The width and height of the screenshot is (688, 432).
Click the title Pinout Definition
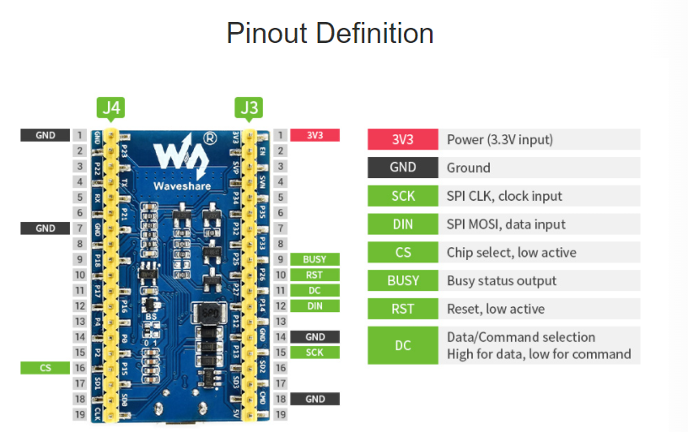point(330,34)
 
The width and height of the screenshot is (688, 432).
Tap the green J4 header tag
point(111,107)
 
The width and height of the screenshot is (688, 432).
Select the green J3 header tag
point(250,107)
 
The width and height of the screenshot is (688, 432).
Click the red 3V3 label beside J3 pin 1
point(314,135)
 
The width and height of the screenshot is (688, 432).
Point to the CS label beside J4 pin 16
point(45,367)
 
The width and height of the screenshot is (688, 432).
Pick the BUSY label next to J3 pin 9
point(314,259)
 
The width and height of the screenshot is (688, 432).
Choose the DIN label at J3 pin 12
point(314,305)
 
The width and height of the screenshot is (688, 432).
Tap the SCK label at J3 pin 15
point(314,352)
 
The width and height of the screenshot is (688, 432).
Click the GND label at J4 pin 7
point(45,228)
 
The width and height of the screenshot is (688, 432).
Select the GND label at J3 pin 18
point(314,398)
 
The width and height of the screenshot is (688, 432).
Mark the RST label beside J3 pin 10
point(314,274)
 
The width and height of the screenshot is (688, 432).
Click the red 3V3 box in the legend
point(403,139)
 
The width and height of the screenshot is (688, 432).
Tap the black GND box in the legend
point(403,167)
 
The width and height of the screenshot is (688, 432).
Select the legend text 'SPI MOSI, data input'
point(506,224)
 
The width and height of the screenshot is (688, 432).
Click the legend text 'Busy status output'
point(502,281)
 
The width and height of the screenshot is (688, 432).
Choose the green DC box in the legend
point(403,345)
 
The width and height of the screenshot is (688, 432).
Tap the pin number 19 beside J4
point(78,414)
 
